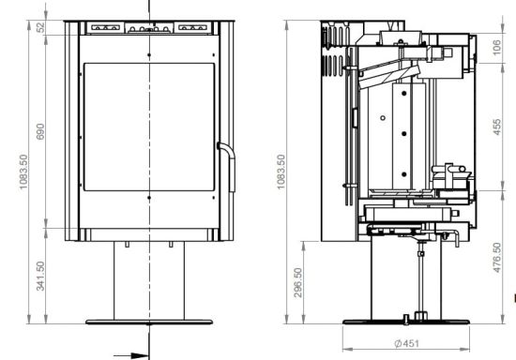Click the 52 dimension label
point(40,27)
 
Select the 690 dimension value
point(40,131)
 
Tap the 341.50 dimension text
point(40,277)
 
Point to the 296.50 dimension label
point(297,283)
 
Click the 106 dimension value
point(497,47)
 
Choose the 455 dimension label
point(497,127)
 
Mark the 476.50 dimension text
point(497,258)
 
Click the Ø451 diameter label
point(407,343)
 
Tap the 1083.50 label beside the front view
point(23,172)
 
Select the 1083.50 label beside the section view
point(281,172)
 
